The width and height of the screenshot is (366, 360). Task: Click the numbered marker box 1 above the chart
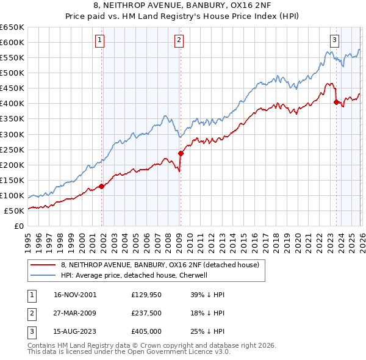[99, 41]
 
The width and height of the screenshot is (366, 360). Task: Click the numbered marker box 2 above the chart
[179, 41]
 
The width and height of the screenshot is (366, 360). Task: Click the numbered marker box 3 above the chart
[335, 41]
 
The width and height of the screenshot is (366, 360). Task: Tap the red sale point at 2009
[181, 153]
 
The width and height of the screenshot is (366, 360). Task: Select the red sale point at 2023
[336, 102]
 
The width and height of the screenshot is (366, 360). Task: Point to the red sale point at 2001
[102, 186]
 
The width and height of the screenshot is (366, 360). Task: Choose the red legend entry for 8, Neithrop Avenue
[160, 265]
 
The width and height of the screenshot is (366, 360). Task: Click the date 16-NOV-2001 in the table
[75, 295]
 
